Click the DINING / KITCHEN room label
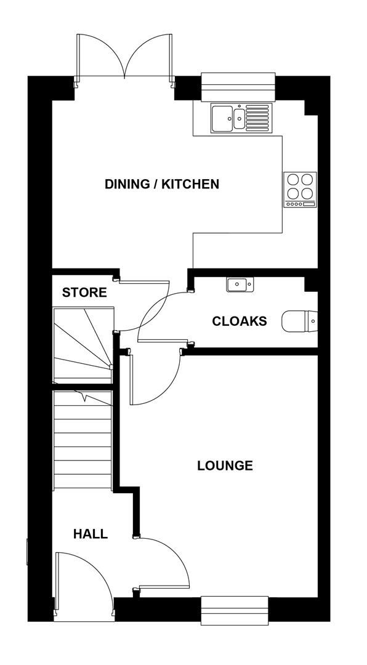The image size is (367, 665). pyautogui.click(x=161, y=184)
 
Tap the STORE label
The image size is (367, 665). pyautogui.click(x=84, y=292)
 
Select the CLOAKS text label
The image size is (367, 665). pyautogui.click(x=240, y=321)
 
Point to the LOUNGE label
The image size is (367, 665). pyautogui.click(x=225, y=465)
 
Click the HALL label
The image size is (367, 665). pyautogui.click(x=91, y=534)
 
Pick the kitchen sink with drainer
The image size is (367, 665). pyautogui.click(x=240, y=118)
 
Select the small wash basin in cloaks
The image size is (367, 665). pyautogui.click(x=240, y=284)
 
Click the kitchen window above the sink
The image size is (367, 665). pyautogui.click(x=238, y=86)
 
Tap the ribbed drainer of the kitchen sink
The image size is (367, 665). pyautogui.click(x=257, y=118)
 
